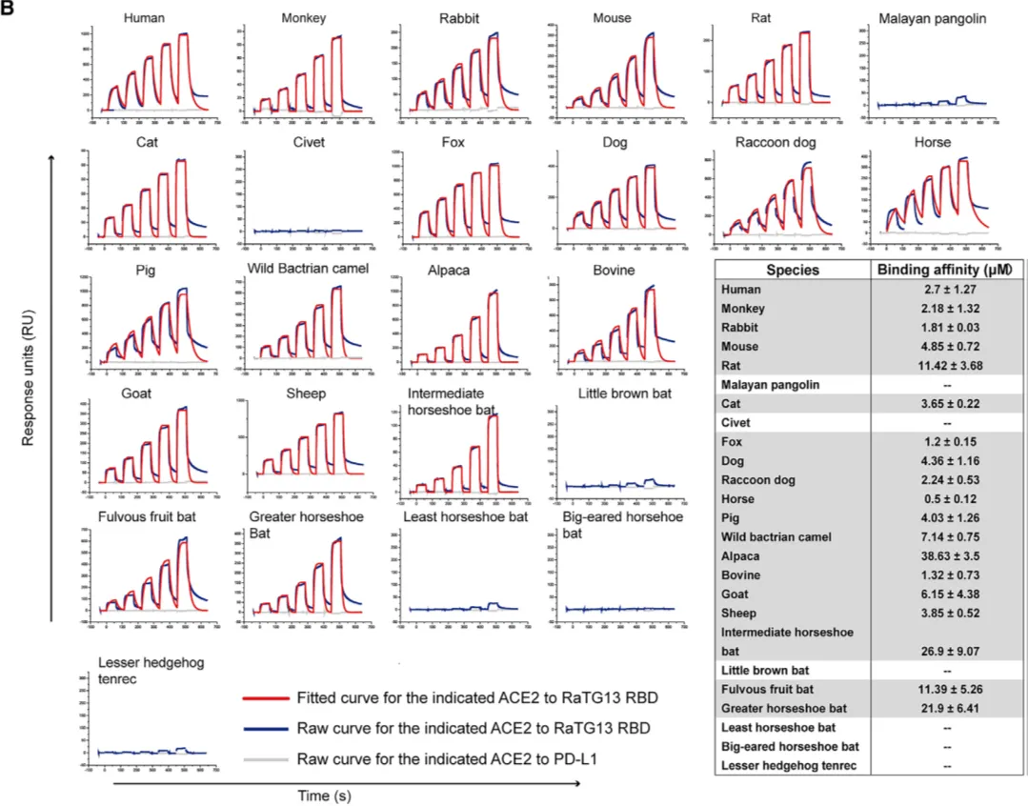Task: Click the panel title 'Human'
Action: click(x=148, y=18)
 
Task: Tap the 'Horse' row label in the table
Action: click(x=738, y=498)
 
